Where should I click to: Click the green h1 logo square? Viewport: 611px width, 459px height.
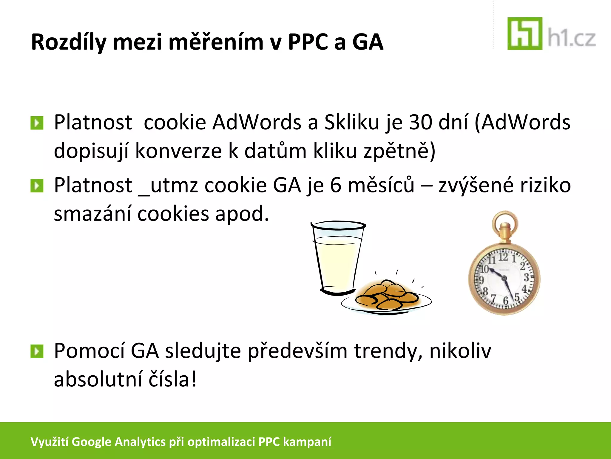pyautogui.click(x=525, y=33)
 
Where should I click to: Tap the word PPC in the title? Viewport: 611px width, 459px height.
pyautogui.click(x=308, y=42)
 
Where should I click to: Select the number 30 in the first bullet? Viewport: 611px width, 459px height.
pyautogui.click(x=420, y=122)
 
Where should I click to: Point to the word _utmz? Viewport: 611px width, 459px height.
pyautogui.click(x=168, y=186)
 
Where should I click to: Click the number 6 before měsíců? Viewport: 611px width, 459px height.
pyautogui.click(x=336, y=185)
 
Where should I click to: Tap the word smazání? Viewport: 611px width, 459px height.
pyautogui.click(x=92, y=214)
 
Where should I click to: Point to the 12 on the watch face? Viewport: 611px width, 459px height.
pyautogui.click(x=503, y=257)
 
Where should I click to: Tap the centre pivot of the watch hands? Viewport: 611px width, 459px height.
pyautogui.click(x=504, y=279)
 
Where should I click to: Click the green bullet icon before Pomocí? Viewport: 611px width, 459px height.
pyautogui.click(x=37, y=351)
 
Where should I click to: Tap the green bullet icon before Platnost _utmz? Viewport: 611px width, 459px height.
pyautogui.click(x=37, y=186)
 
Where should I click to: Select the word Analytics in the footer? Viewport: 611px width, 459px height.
pyautogui.click(x=140, y=442)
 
